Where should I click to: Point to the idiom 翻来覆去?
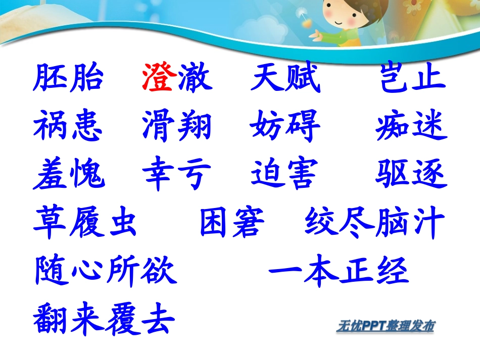coord(105,320)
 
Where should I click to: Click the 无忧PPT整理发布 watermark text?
coord(386,327)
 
